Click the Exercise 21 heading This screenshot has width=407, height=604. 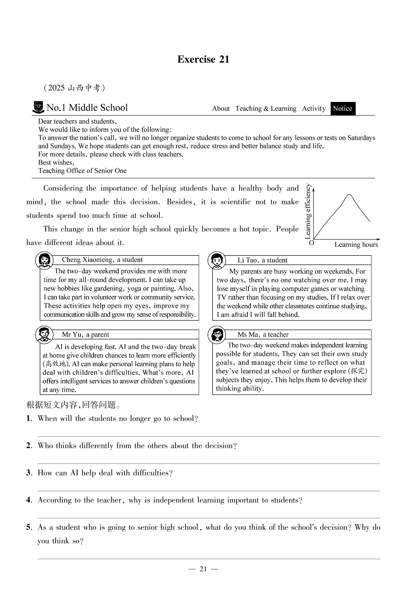tap(203, 59)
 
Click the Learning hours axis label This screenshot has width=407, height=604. tap(356, 245)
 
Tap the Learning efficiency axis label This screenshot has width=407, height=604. tap(308, 211)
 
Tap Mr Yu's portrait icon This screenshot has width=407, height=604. tap(44, 335)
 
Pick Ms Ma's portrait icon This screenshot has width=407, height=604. tap(217, 335)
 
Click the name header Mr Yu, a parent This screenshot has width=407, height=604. tap(85, 335)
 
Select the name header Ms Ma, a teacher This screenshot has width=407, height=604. tap(263, 335)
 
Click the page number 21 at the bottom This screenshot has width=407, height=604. tap(203, 569)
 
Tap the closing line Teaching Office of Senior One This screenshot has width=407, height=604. tap(82, 171)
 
